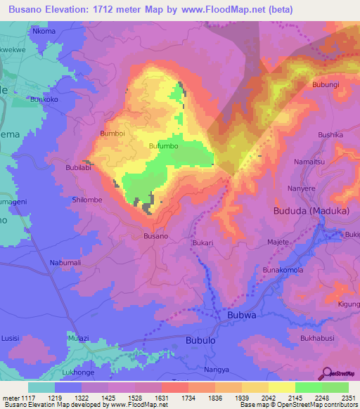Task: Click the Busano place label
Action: pos(155,236)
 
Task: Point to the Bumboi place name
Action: pos(112,133)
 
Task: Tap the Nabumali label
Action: pos(65,262)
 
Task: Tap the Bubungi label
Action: pos(326,85)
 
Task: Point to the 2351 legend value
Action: pos(349,398)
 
